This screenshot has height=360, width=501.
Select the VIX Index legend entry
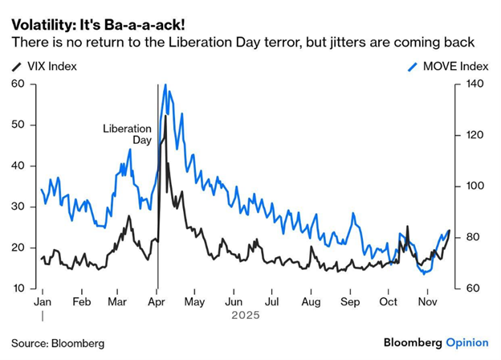pos(50,66)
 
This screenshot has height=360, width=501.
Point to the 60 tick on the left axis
pos(18,84)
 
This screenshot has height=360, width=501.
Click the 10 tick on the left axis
pos(18,288)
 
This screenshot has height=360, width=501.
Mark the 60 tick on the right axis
pos(471,288)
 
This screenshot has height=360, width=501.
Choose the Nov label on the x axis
pos(428,301)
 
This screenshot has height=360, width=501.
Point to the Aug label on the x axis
pos(311,301)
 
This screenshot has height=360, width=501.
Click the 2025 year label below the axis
pos(245,315)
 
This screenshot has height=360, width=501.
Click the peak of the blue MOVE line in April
pos(165,84)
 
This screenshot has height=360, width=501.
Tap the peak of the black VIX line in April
pos(165,116)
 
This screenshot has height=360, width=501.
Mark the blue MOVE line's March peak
pos(129,149)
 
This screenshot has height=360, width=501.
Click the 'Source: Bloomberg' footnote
pos(58,343)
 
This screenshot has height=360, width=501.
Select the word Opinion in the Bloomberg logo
pos(467,342)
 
